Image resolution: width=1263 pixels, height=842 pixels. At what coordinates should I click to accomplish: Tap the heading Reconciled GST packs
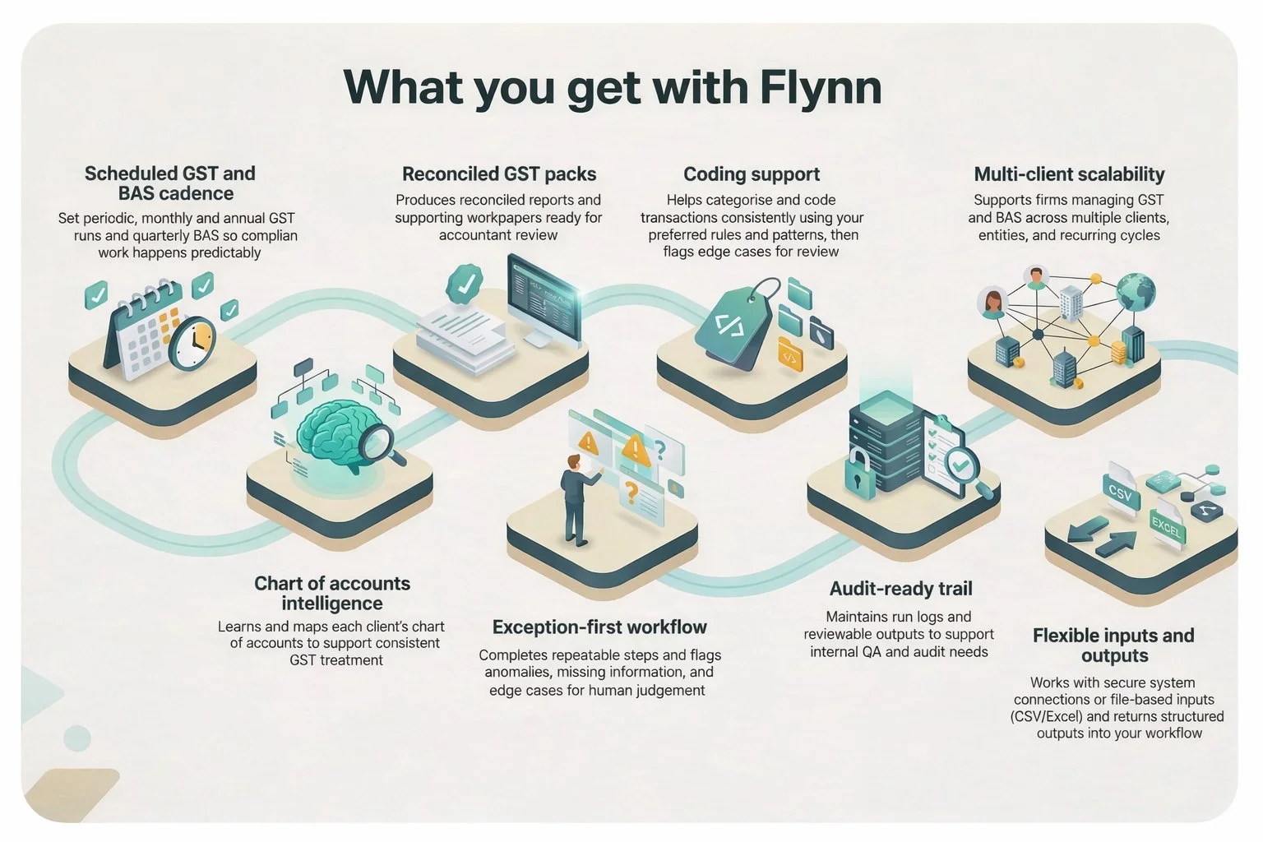499,174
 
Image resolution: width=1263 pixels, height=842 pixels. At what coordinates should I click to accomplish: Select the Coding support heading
752,174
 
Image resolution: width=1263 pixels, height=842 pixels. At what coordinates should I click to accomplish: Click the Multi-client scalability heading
1069,174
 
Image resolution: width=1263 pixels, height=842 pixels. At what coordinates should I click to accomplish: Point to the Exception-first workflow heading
599,627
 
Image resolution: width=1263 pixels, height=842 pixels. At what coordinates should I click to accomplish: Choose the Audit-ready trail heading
900,589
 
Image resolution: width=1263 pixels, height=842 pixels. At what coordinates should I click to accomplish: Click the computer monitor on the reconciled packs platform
544,297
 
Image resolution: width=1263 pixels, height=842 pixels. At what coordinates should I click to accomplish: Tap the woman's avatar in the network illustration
993,304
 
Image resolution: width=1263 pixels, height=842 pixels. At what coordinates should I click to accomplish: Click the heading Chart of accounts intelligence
332,593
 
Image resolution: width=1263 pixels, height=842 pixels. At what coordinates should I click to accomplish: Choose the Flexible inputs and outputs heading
1113,645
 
